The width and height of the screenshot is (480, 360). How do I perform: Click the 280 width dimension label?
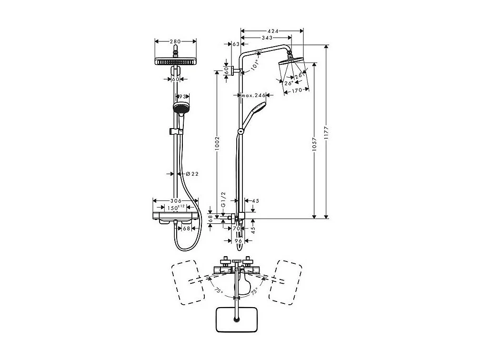pyautogui.click(x=176, y=41)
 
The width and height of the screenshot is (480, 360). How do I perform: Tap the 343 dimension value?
pyautogui.click(x=267, y=38)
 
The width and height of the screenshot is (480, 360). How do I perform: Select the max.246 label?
pyautogui.click(x=253, y=95)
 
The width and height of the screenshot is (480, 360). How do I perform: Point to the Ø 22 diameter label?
pyautogui.click(x=191, y=174)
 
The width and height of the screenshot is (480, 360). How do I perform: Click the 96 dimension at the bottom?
pyautogui.click(x=239, y=241)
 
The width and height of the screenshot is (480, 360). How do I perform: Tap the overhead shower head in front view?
pyautogui.click(x=176, y=62)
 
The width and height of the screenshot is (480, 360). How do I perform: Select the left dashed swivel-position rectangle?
pyautogui.click(x=189, y=281)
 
